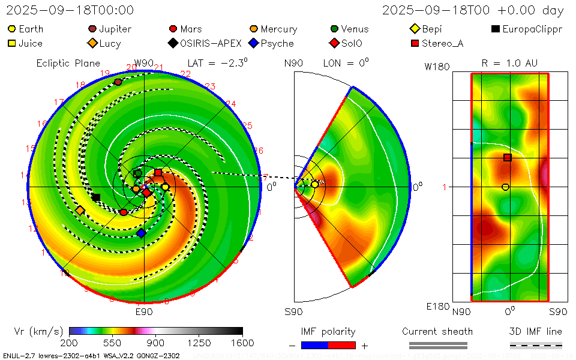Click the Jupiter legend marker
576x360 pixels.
point(92,29)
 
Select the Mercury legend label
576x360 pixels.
point(278,29)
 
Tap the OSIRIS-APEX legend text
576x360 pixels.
point(211,43)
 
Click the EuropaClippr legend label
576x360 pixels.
point(532,29)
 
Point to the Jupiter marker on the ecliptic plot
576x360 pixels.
point(118,82)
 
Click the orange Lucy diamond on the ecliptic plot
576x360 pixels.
point(80,210)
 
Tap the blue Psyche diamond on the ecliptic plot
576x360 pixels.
point(140,233)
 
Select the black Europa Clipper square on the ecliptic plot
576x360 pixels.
point(96,197)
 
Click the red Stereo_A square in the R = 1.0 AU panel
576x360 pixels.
point(507,157)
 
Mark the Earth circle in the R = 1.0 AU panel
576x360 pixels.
point(505,187)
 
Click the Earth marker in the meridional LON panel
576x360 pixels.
point(314,184)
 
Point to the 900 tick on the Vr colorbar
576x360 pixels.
point(156,330)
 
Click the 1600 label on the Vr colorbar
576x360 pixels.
point(242,343)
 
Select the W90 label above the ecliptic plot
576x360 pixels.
point(144,63)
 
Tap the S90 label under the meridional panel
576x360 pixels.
point(294,311)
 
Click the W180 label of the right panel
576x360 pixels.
point(437,67)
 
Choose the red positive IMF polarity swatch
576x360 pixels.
point(342,345)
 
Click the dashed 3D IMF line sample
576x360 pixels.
point(536,345)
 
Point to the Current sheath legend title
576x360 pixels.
point(437,331)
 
